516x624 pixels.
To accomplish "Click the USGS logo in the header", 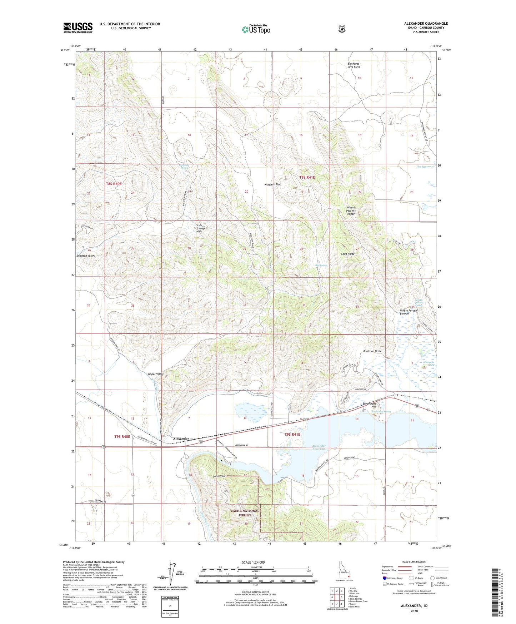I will click(x=78, y=28).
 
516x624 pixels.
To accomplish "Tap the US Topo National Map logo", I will click(x=255, y=29).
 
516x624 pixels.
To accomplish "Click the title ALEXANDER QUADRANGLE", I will click(x=426, y=24).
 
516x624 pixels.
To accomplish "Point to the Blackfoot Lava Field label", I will click(x=354, y=65).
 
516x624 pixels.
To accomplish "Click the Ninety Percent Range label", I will click(x=351, y=211).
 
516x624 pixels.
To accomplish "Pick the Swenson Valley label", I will click(x=85, y=256).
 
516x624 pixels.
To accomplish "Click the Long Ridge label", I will click(x=347, y=254).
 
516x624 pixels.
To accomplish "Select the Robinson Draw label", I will click(x=372, y=351).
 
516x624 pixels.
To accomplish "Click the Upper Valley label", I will click(x=156, y=374).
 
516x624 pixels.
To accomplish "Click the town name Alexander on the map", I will click(x=181, y=439).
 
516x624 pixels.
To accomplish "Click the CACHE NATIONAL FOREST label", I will click(x=245, y=513).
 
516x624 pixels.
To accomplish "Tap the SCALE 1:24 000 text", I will click(x=253, y=562).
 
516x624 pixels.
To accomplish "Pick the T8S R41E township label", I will click(x=307, y=177).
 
